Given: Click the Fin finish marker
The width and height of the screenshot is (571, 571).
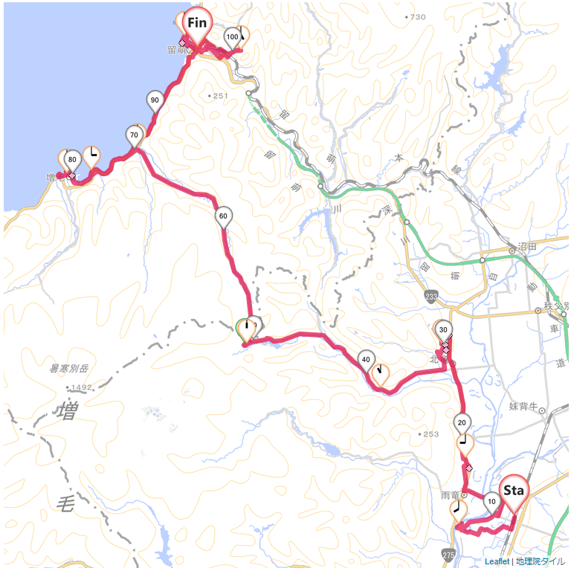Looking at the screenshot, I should pos(197,24).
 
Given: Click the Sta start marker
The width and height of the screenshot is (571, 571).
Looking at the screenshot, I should pos(514,491).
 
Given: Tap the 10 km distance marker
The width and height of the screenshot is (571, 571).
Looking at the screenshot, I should pos(491,501).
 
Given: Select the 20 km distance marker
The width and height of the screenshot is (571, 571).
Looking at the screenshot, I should pos(462,422).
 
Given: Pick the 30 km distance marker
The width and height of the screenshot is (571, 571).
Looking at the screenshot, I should pos(443,329).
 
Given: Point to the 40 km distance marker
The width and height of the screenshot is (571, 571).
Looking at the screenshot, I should pos(366,359).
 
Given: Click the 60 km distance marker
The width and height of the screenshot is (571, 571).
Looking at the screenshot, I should pos(223,216).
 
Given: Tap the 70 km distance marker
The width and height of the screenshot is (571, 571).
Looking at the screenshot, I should pos(135,135).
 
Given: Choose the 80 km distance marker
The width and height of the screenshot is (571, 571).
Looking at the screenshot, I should pos(72,159).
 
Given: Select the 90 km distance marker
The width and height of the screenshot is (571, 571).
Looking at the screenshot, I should pos(155,100).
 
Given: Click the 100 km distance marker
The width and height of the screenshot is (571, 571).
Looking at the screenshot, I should pos(232,36).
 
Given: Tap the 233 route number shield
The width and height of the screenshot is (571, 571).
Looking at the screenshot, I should pos(432,296).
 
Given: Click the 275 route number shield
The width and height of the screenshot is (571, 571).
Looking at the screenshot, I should pos(448,555).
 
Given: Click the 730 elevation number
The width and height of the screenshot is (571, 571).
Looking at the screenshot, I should pos(417,16).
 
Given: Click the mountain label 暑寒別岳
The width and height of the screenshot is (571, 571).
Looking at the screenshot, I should pos(68,368).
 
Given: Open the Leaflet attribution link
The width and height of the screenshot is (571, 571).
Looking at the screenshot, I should pos(497,561).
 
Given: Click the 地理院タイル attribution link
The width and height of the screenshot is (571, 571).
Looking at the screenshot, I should pos(541,561).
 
